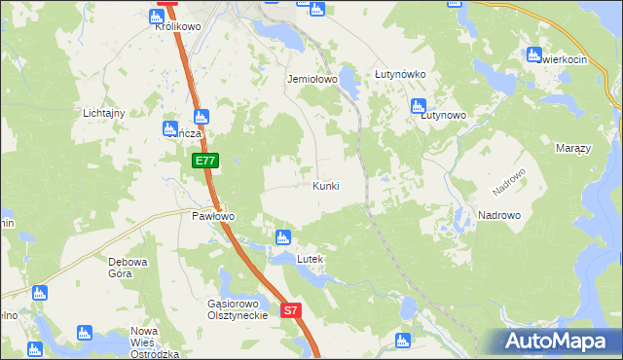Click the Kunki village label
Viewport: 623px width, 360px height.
pos(326,185)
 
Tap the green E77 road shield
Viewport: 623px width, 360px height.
pos(203,161)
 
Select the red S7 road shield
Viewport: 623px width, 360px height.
pos(292,310)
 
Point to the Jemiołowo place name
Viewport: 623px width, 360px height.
pos(311,79)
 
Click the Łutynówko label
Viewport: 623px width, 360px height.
pos(400,74)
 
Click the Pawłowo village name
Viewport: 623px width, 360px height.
pos(213,216)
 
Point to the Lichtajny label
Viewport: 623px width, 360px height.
pos(104,113)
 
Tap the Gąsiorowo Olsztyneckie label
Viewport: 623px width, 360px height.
pos(238,309)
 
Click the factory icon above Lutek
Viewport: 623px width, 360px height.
pos(283,236)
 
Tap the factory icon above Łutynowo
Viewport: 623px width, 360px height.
pos(419,105)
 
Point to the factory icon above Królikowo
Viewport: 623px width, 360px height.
pos(157,16)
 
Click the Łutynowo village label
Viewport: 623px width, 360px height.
pos(443,115)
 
